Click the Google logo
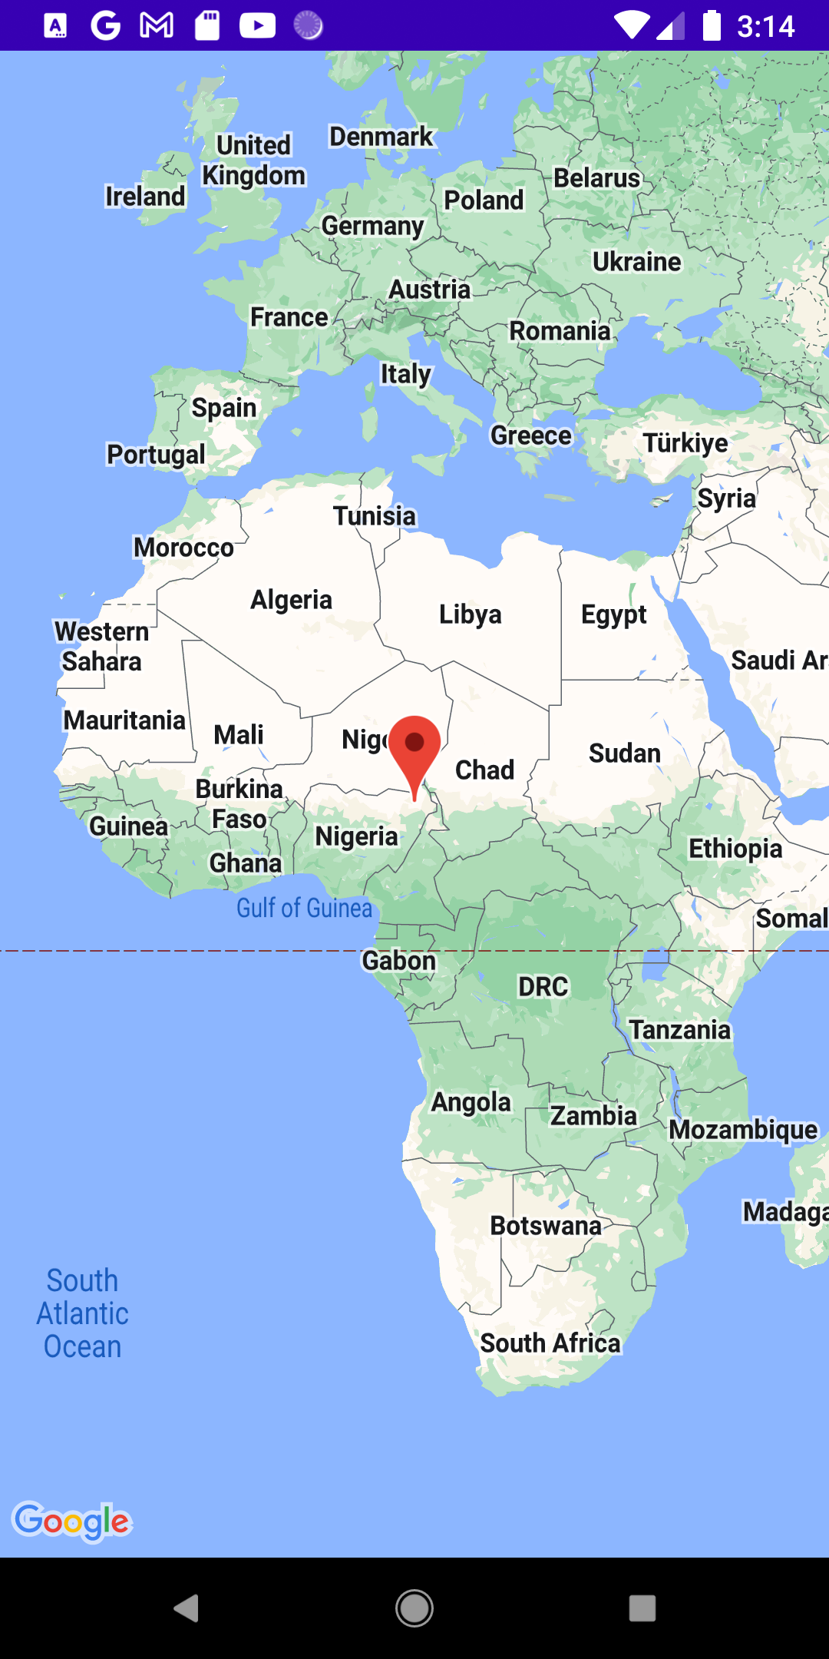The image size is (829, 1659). point(72,1521)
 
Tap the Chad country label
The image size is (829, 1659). point(484,770)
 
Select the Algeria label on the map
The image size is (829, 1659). point(291,600)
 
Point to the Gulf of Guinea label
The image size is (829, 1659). point(304,908)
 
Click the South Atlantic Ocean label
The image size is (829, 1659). point(82,1313)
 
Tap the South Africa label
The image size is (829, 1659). point(550,1343)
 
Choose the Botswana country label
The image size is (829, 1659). point(546,1226)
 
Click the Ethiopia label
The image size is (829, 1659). point(735,849)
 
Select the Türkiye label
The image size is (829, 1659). point(685,443)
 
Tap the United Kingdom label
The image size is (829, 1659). point(253,161)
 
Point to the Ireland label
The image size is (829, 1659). point(145,197)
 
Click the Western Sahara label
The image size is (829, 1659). point(102,646)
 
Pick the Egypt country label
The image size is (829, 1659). point(613,614)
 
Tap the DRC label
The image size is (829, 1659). point(543,987)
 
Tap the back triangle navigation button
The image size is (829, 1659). point(187,1608)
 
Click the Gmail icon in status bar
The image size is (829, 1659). point(157,25)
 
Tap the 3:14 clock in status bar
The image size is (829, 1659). point(765,27)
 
